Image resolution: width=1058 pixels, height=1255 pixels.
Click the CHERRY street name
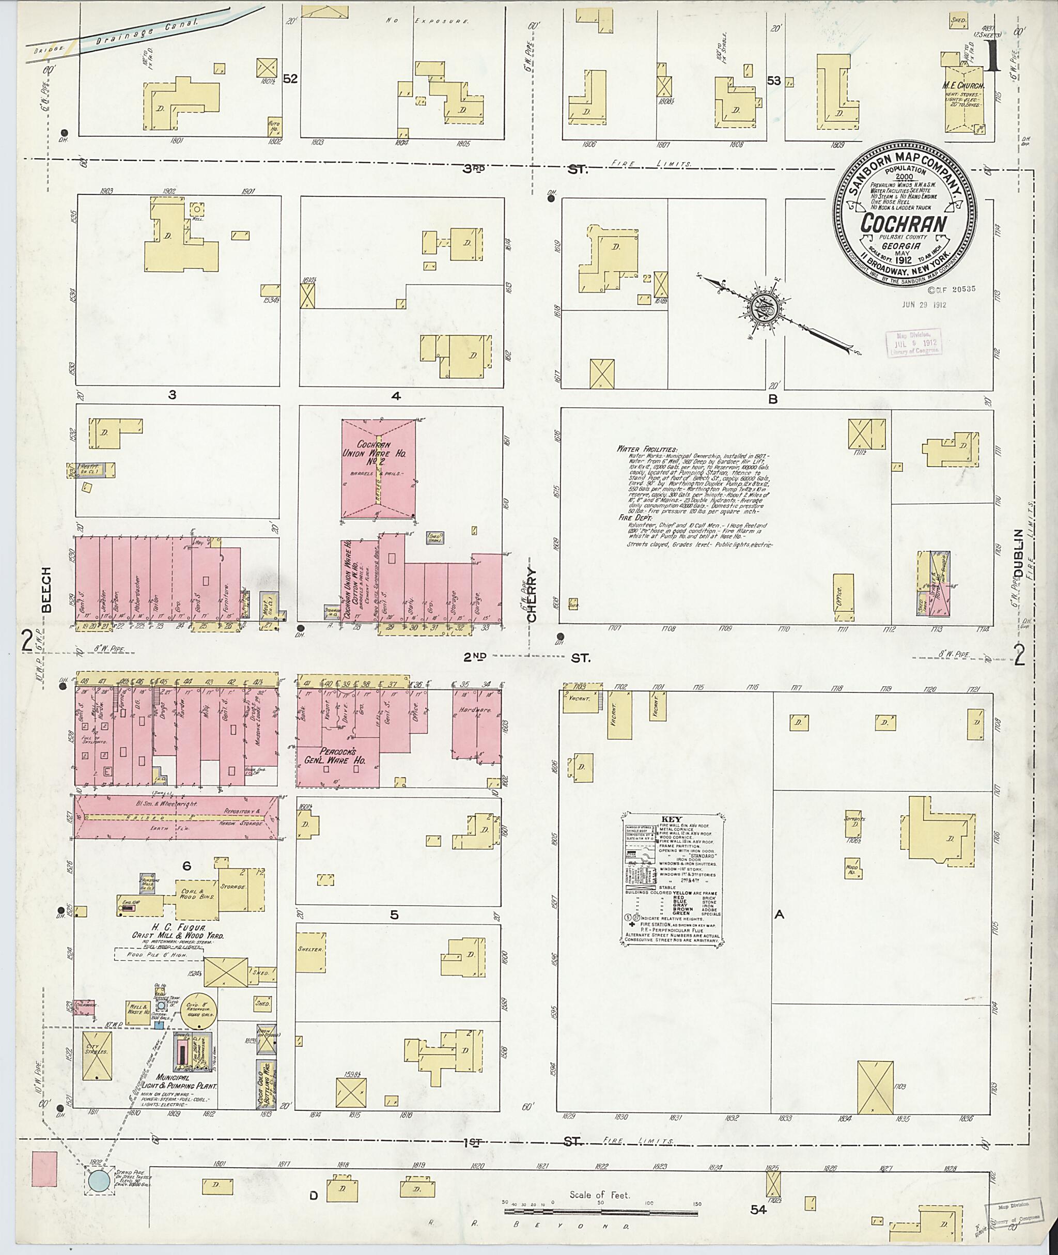532,587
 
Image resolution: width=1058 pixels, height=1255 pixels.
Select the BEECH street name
46,590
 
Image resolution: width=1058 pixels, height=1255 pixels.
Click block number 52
290,79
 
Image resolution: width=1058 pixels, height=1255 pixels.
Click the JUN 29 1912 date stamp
924,304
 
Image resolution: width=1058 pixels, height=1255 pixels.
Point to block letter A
779,915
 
